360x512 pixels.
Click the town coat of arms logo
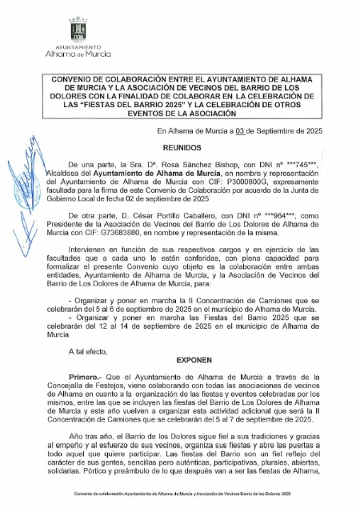(x=78, y=30)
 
